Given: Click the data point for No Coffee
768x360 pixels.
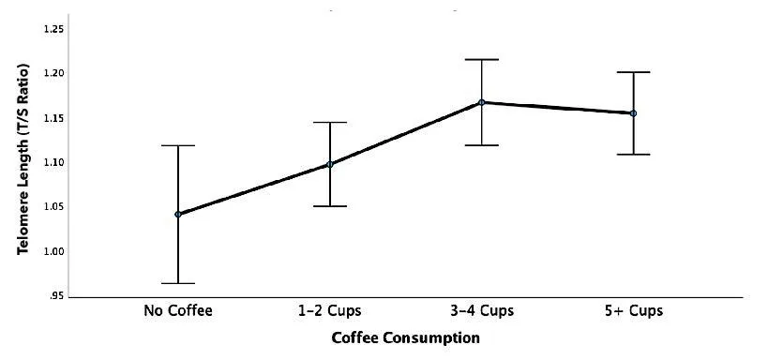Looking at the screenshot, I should pos(178,214).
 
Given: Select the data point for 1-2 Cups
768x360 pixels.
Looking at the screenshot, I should pos(330,164).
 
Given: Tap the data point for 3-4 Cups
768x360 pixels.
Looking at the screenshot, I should pos(482,102).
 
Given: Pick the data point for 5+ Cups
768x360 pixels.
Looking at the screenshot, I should pos(633,113).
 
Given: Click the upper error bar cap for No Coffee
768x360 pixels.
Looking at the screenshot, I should pos(178,145).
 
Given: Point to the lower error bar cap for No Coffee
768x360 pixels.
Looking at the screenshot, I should pos(178,283).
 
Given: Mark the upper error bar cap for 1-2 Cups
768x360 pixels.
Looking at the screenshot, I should pos(330,122).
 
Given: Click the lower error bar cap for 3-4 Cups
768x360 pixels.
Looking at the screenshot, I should pos(482,145).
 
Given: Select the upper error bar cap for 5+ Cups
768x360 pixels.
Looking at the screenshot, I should pos(633,72).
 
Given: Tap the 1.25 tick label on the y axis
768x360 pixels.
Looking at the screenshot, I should pos(53,30).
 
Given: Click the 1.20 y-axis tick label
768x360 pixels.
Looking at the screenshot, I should pos(53,73).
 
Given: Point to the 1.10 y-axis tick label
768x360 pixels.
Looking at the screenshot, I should pos(53,162).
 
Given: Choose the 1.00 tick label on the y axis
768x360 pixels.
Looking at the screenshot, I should pos(53,251).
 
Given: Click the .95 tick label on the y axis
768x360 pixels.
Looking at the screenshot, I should pos(56,295).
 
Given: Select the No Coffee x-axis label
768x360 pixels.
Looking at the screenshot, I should pos(178,310).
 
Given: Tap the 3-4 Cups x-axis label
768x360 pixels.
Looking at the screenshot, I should pos(482,310).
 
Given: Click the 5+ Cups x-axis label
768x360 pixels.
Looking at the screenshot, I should pos(633,310).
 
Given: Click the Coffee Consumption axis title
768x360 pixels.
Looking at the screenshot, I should pos(406,337).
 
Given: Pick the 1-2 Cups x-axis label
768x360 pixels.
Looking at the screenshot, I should pos(330,310).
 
